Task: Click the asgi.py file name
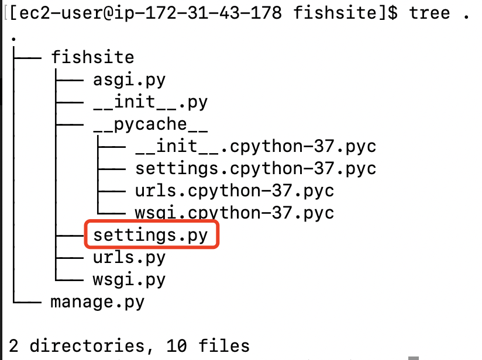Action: coord(129,79)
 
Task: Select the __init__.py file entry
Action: coord(150,102)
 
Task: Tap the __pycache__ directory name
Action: coord(150,124)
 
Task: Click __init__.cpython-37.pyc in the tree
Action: coord(256,146)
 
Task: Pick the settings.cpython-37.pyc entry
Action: coord(256,169)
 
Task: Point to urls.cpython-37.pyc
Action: coord(235,191)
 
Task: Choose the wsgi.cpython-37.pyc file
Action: coord(235,212)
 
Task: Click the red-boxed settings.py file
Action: coord(150,235)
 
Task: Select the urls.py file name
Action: coord(129,257)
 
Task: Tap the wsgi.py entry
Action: coord(129,279)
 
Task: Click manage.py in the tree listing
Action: coord(98,302)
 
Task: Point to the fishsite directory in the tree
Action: coord(92,57)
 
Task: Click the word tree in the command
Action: coord(430,13)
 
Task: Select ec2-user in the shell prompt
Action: coord(55,13)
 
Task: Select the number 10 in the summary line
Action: coord(177,346)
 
